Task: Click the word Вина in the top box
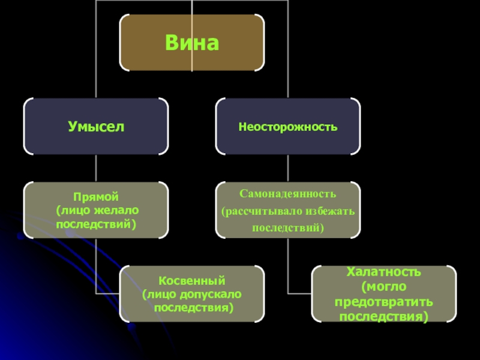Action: (x=191, y=43)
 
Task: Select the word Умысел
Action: (x=96, y=127)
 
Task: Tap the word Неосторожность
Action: (x=288, y=127)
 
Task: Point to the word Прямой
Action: (x=96, y=196)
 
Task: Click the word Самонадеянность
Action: (x=288, y=194)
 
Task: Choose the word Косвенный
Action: (x=191, y=280)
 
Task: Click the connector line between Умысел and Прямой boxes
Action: (x=96, y=169)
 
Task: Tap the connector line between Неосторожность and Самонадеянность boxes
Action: (x=288, y=169)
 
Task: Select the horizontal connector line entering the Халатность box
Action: (x=300, y=294)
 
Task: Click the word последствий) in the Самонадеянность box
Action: (x=288, y=228)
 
